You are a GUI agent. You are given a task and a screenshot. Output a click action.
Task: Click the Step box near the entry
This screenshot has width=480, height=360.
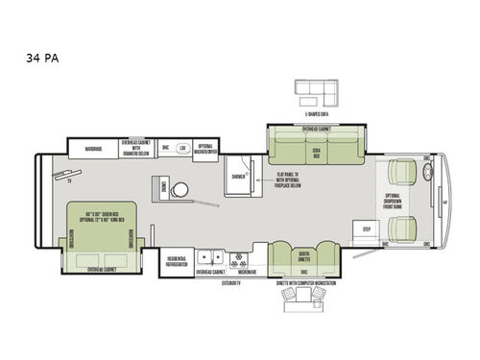pos(366,229)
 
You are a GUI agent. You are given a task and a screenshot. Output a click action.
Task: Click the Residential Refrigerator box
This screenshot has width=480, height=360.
pos(176,261)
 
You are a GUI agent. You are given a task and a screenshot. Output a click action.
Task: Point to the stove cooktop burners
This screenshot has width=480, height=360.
pos(235,258)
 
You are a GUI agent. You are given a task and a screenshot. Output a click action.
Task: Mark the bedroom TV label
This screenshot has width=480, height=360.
pos(70,177)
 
